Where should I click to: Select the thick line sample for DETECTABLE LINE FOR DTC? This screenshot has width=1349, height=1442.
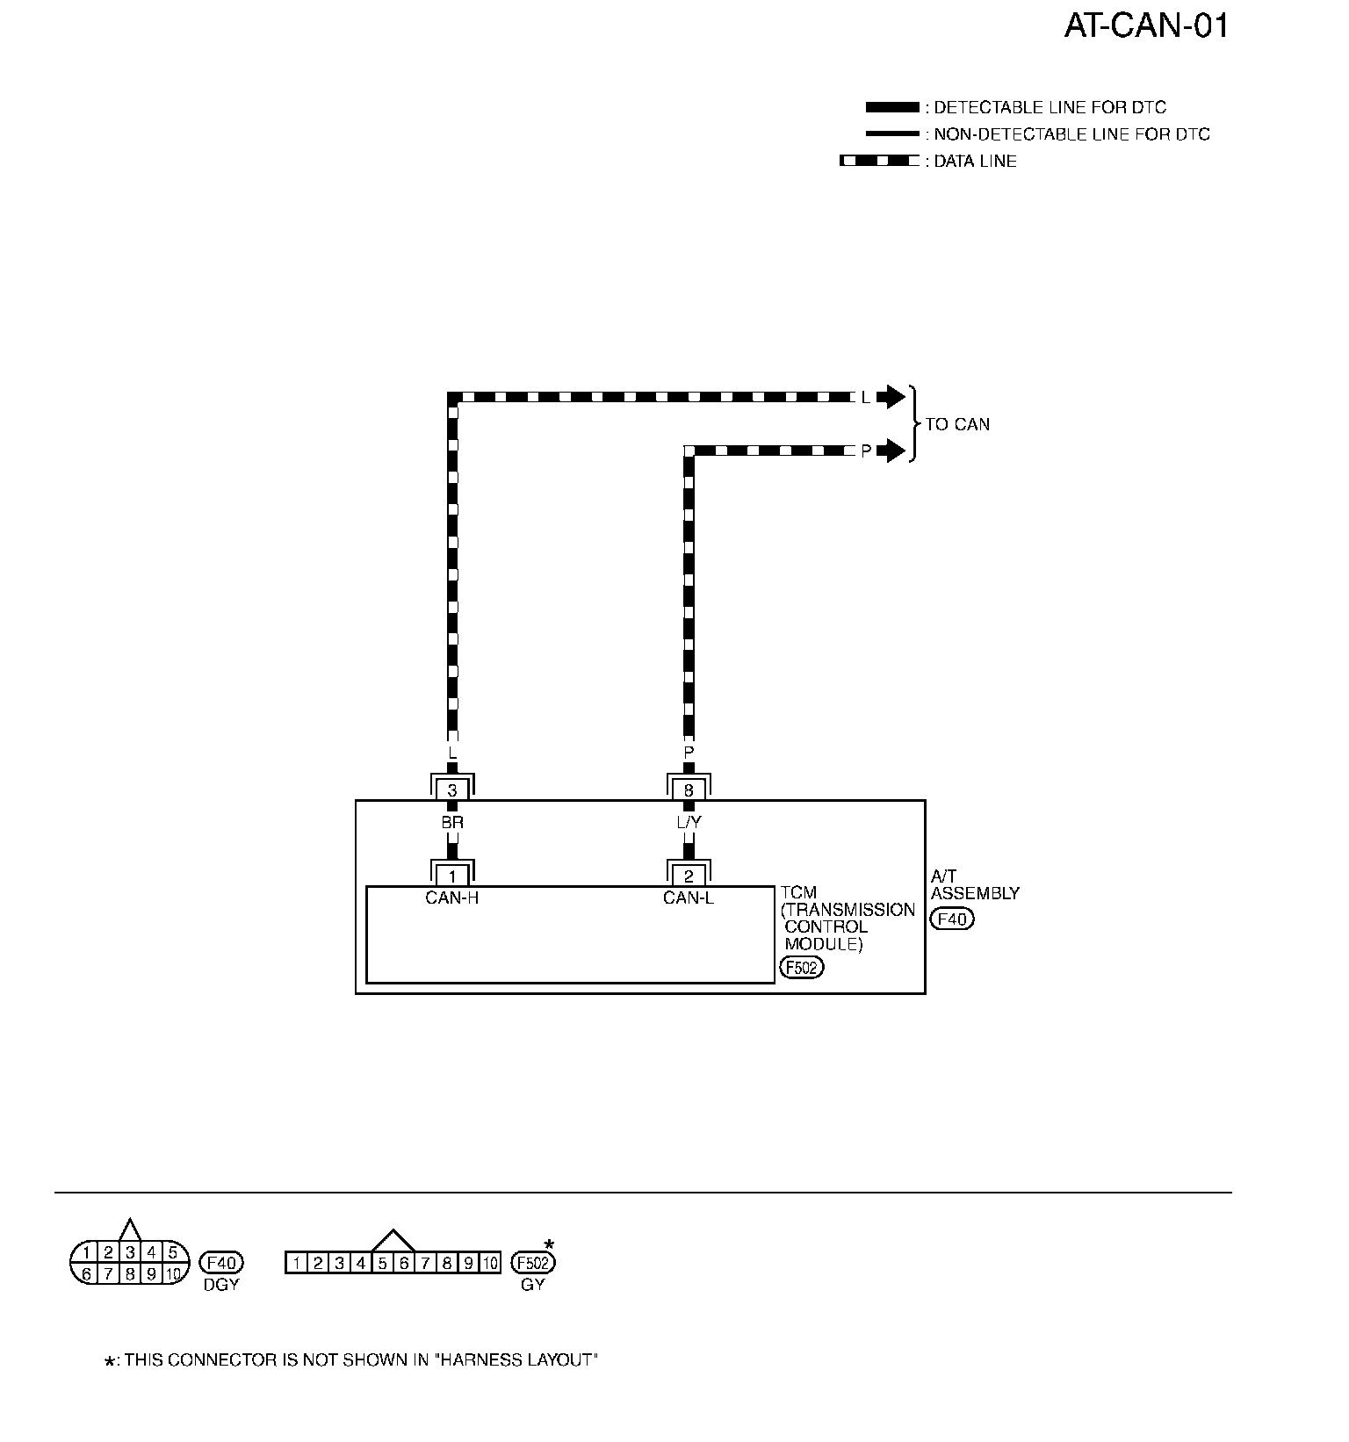point(891,107)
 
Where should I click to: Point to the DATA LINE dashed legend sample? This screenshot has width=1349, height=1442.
point(879,161)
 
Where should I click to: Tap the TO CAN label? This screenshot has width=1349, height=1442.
point(957,424)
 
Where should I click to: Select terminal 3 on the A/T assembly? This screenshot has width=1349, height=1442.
point(452,790)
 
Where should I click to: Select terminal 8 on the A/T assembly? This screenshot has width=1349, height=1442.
point(689,790)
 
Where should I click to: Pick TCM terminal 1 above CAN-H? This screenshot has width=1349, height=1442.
point(452,876)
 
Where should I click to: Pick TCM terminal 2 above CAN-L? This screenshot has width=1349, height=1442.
point(689,876)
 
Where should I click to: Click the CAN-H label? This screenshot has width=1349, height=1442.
point(451,898)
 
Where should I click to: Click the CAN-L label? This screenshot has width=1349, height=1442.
point(689,898)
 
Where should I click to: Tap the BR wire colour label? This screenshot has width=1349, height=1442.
point(452,823)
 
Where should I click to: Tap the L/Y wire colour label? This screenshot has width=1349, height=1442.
point(689,823)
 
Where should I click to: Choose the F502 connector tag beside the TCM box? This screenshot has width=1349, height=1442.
point(801,968)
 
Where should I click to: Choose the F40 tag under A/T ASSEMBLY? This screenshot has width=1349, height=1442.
point(952,919)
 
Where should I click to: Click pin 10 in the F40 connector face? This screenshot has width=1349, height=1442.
point(173,1273)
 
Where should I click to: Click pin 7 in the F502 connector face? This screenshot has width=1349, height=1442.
point(425,1264)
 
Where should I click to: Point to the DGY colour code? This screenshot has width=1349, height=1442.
point(220,1284)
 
